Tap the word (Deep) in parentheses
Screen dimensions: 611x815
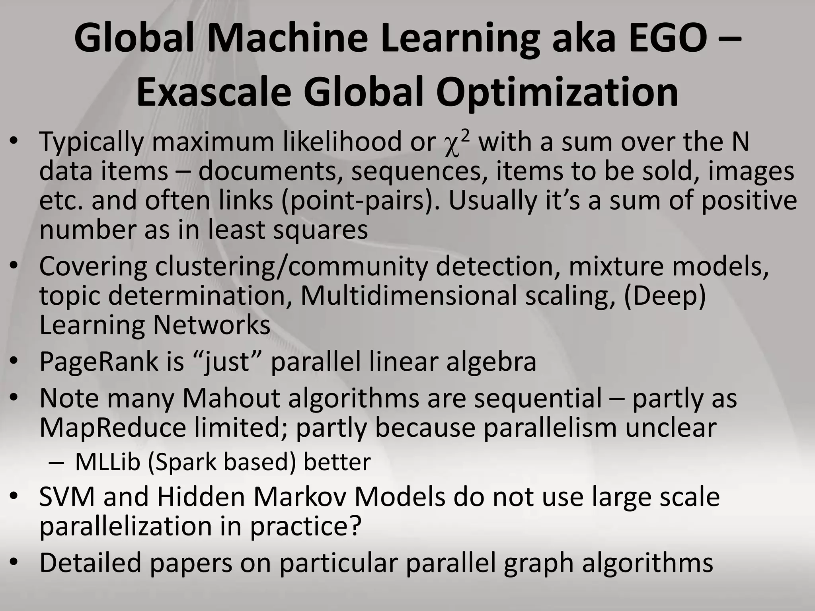click(x=665, y=296)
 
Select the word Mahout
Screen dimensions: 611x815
click(x=231, y=398)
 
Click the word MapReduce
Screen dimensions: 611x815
click(x=113, y=428)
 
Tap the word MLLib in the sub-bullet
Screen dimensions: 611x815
click(x=107, y=462)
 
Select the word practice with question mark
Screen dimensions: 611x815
click(x=306, y=526)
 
